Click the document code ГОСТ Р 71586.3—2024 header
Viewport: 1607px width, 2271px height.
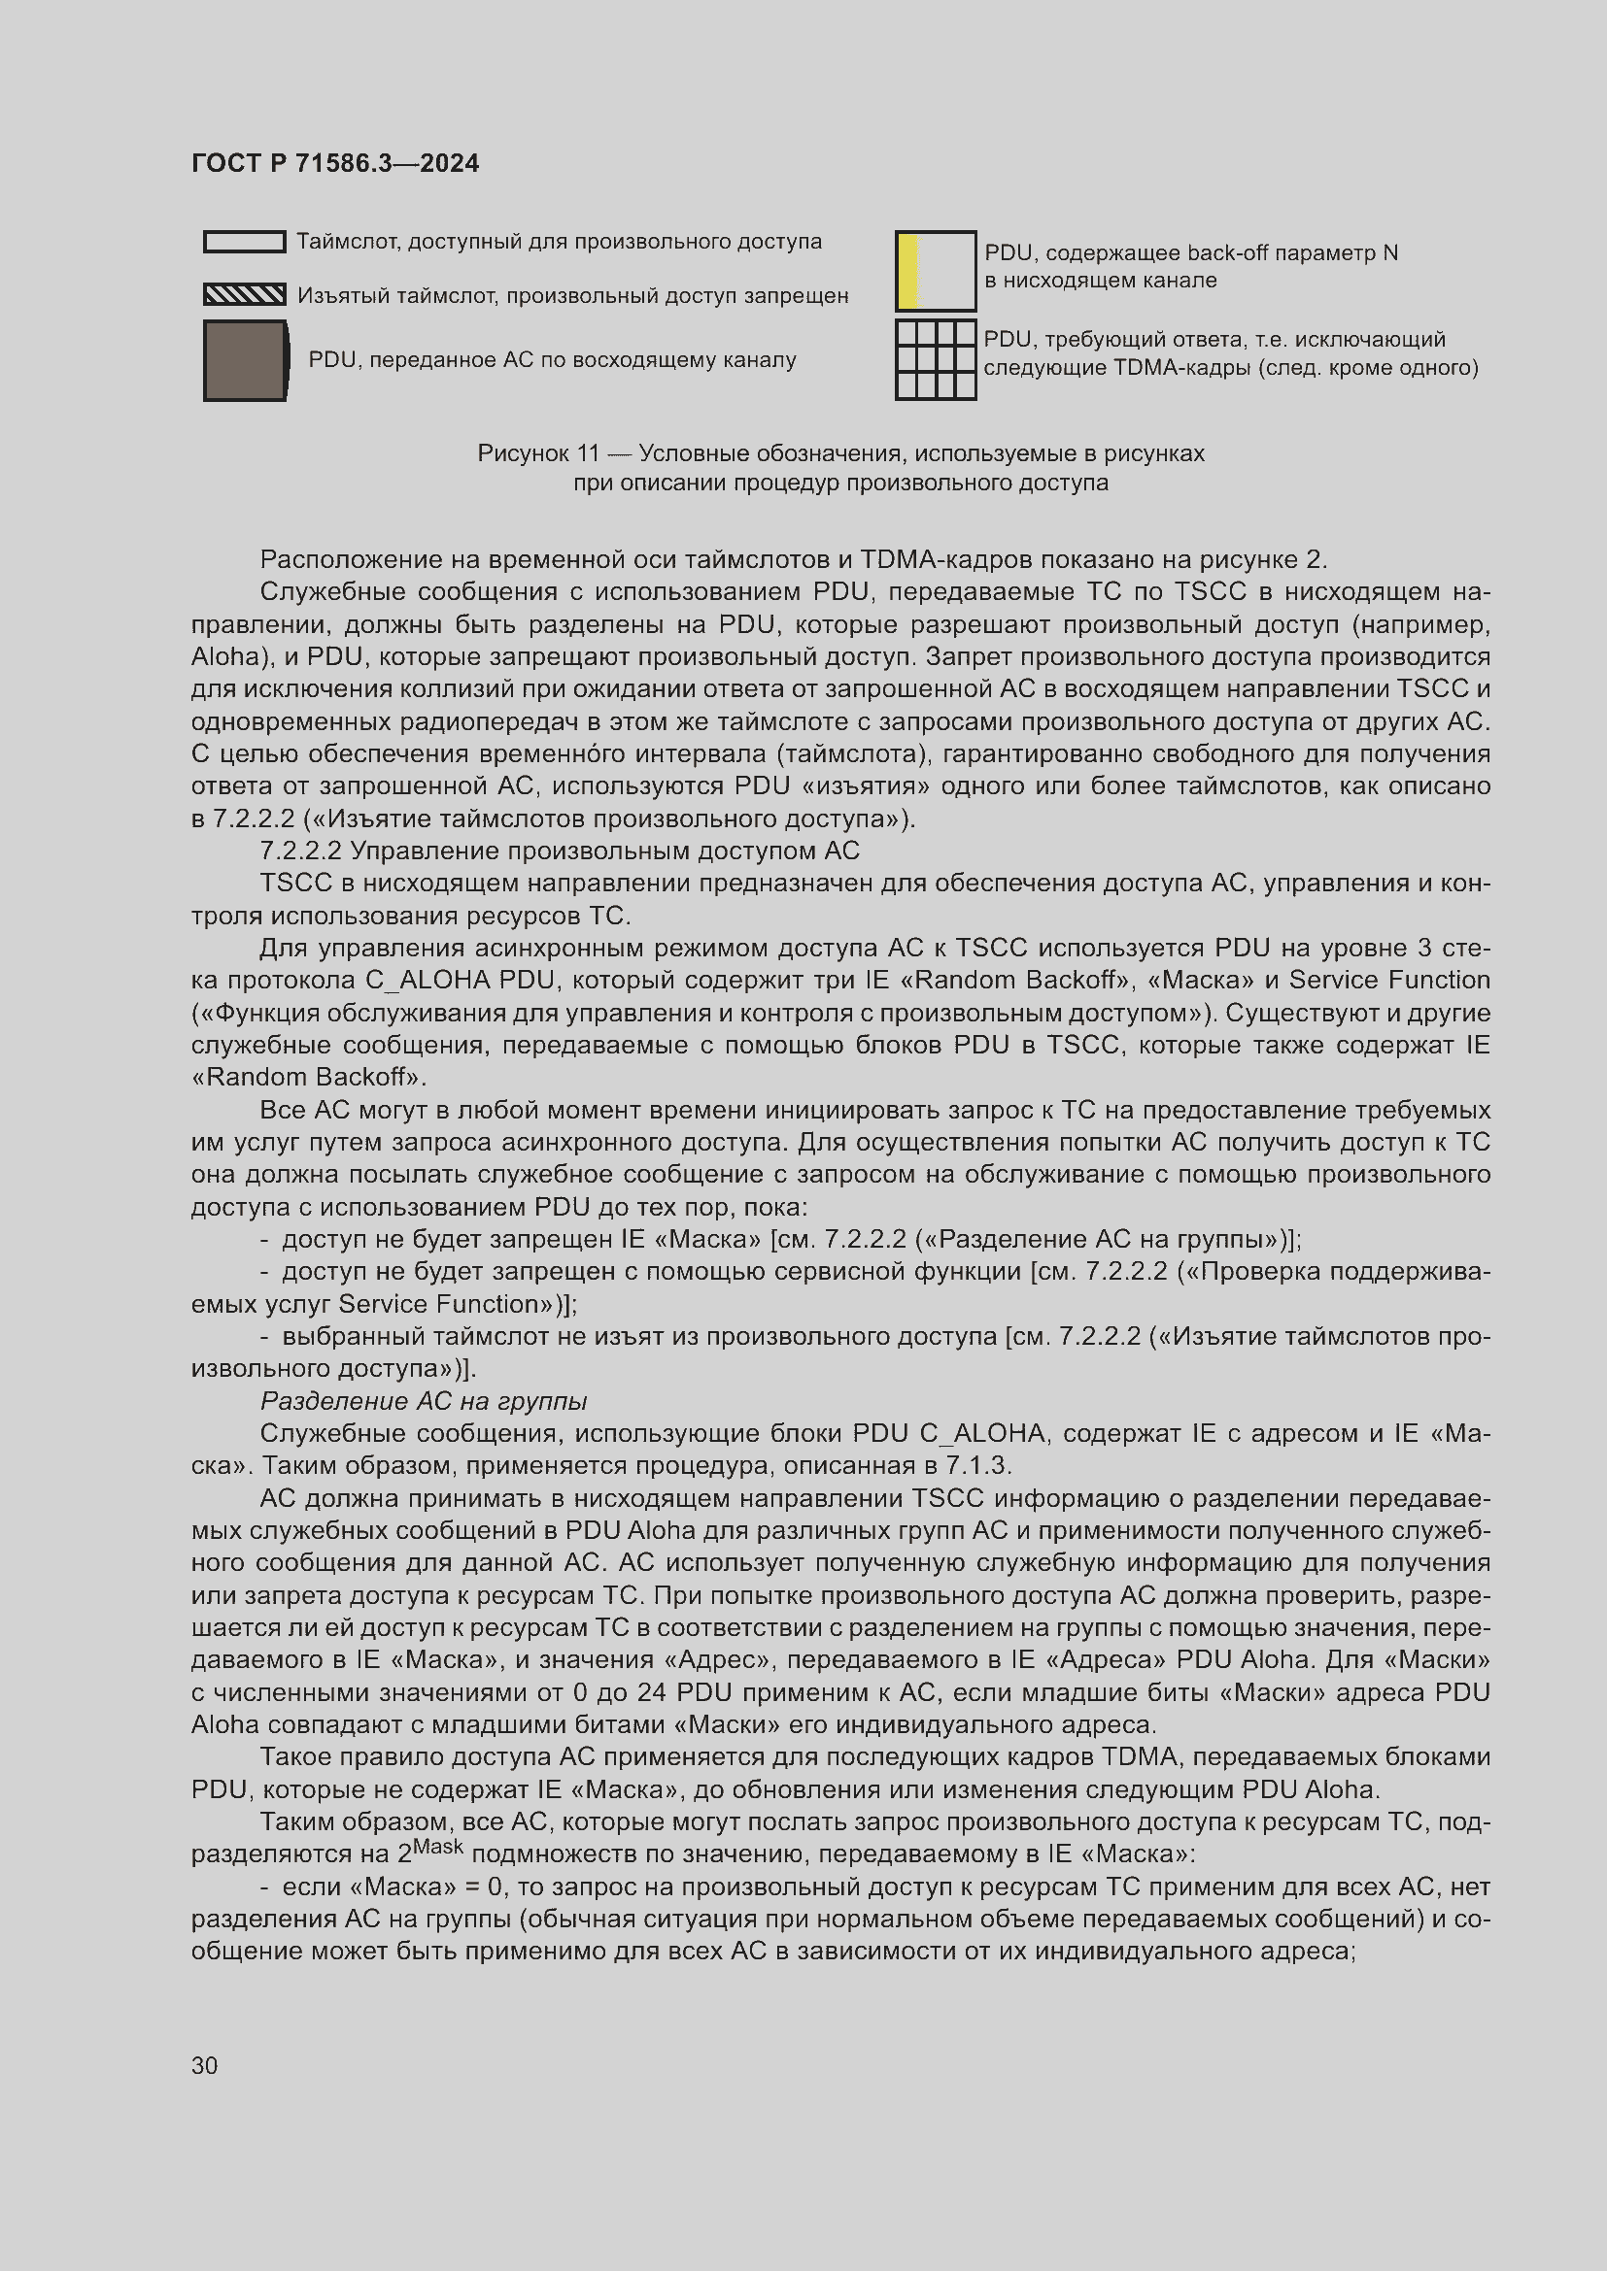(x=334, y=163)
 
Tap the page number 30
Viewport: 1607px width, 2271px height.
(x=204, y=2065)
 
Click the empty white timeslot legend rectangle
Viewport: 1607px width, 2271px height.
(x=245, y=242)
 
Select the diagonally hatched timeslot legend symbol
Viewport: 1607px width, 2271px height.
(x=245, y=295)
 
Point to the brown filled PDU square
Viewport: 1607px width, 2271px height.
(x=245, y=361)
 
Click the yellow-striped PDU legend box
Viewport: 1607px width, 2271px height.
(x=935, y=271)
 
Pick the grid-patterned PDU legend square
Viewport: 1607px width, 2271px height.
(x=935, y=359)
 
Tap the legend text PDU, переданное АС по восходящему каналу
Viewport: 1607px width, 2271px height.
(x=551, y=360)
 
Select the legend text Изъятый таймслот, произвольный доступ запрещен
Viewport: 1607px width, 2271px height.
(x=572, y=296)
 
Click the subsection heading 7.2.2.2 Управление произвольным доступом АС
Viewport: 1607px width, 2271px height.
(x=559, y=851)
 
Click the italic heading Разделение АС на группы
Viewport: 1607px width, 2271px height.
(x=424, y=1401)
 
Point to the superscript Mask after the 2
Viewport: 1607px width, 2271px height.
(x=437, y=1846)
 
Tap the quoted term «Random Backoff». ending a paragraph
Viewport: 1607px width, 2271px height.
(x=308, y=1077)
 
